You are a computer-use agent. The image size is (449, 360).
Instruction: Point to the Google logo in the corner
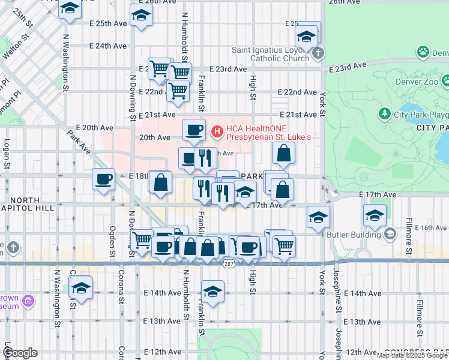19,353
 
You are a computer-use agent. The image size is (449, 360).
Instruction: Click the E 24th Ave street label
107,46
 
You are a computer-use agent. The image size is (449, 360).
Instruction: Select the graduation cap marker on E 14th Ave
212,292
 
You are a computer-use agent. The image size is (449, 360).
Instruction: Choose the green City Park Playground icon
385,113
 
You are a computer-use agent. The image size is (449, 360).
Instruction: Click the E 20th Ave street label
81,128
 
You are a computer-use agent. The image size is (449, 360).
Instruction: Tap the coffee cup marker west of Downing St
103,179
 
